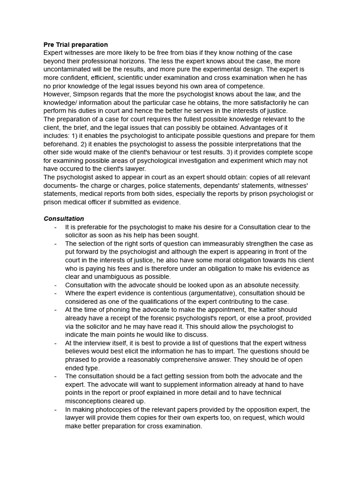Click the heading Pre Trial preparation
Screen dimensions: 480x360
[75, 45]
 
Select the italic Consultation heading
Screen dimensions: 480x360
[64, 218]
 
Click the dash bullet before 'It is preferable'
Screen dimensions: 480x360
[56, 227]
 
